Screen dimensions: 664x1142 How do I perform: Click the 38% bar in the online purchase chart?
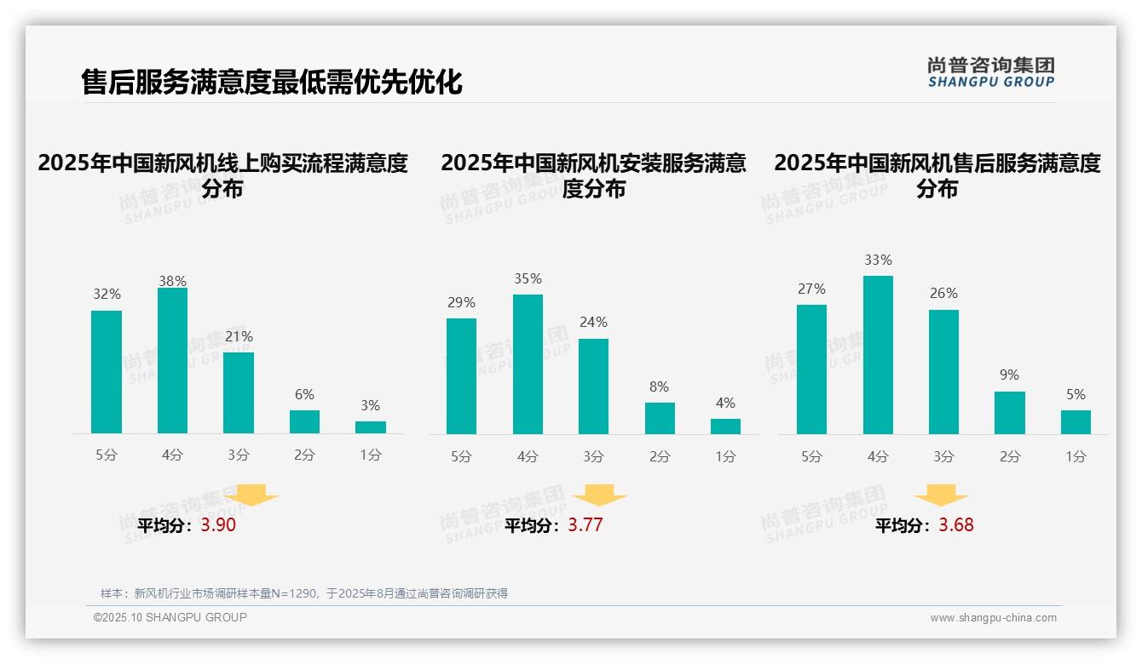click(x=172, y=361)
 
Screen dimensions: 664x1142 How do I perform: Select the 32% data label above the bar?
click(x=107, y=295)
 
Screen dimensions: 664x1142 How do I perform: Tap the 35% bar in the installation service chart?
click(x=528, y=364)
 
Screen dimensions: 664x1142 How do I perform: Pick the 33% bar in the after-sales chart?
click(x=878, y=355)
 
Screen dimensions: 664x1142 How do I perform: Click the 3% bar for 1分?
click(x=371, y=427)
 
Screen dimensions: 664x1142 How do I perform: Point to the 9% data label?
click(x=1009, y=375)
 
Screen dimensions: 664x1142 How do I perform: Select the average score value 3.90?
click(x=218, y=525)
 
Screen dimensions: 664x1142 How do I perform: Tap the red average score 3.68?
click(x=955, y=525)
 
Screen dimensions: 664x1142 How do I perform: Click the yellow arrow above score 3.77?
click(x=599, y=495)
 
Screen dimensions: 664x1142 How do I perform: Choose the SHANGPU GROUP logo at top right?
click(x=990, y=72)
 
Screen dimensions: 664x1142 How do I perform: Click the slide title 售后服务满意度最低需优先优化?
click(x=272, y=83)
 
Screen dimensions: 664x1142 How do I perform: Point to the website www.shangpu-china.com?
click(x=993, y=618)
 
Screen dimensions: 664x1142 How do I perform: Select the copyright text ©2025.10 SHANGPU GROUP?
click(x=170, y=617)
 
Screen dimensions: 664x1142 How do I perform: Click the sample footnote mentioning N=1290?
click(x=303, y=593)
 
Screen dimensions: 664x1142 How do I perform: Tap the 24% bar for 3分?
click(x=593, y=386)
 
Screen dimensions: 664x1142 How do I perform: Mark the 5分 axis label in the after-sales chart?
click(x=811, y=456)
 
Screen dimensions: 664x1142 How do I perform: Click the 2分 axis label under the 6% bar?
click(x=304, y=455)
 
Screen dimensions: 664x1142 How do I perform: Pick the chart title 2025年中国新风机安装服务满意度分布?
click(x=593, y=175)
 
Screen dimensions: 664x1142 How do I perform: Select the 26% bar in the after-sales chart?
click(x=943, y=372)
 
